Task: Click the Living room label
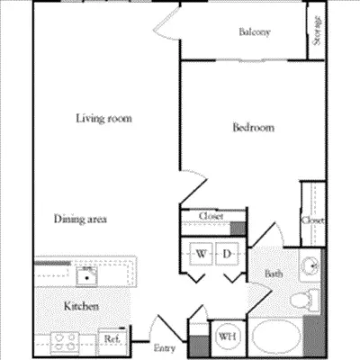98,118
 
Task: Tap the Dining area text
82,219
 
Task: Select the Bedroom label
253,128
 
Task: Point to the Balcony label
255,32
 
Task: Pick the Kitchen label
80,307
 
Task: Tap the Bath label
274,274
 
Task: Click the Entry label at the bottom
165,347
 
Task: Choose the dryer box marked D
228,255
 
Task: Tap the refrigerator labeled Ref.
112,338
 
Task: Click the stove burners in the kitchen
64,339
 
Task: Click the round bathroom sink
310,265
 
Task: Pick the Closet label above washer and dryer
211,216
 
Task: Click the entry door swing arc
158,326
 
